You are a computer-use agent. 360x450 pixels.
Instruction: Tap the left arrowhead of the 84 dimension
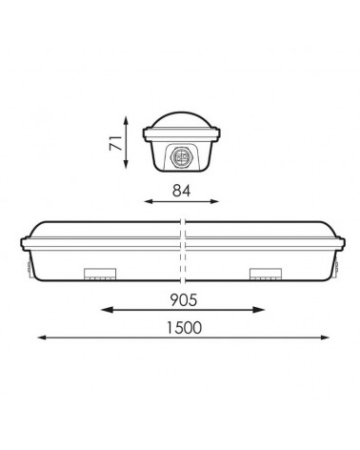tap(143, 201)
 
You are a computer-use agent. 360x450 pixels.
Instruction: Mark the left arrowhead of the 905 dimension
tap(103, 310)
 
